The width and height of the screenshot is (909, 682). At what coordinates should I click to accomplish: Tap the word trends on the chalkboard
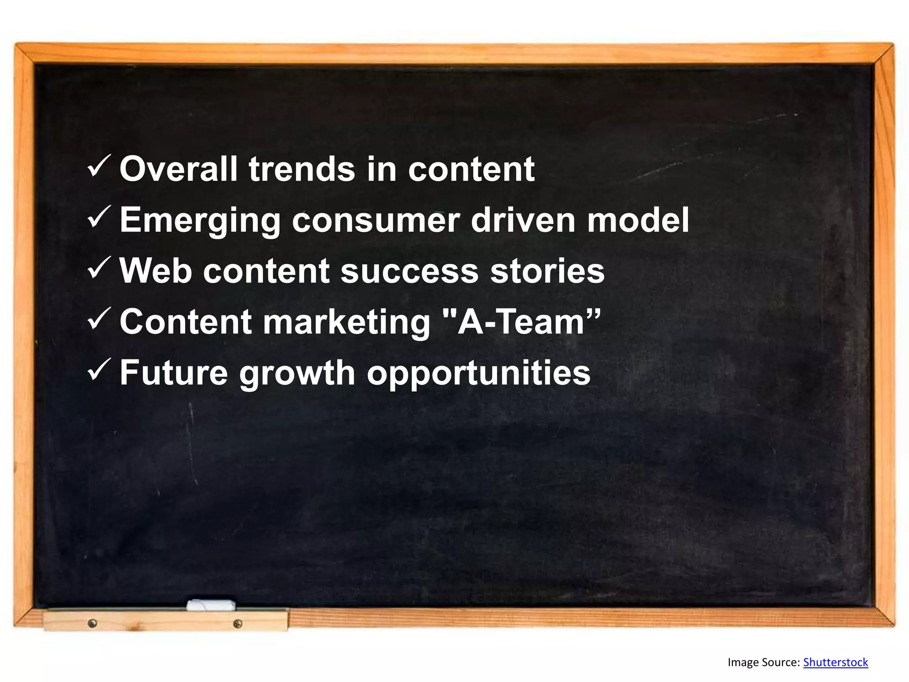click(x=302, y=169)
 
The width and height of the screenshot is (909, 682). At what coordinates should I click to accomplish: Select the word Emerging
click(x=200, y=221)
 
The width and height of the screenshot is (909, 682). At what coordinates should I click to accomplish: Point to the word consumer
click(x=375, y=221)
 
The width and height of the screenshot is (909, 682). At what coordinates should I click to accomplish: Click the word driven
click(x=523, y=221)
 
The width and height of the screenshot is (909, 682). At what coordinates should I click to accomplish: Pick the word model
click(x=638, y=221)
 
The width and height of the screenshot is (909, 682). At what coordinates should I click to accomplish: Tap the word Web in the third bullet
click(x=156, y=271)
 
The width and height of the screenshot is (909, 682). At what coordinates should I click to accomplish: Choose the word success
click(x=410, y=271)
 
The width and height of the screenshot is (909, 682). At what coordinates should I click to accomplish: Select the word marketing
click(x=347, y=323)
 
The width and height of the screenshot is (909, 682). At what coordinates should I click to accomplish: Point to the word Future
click(x=174, y=373)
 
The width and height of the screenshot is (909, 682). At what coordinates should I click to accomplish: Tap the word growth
click(x=297, y=374)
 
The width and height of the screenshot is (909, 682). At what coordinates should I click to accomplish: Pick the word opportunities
click(x=478, y=374)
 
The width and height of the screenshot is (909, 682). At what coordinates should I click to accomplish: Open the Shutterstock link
click(x=835, y=662)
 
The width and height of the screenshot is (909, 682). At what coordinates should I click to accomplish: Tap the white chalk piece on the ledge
click(x=211, y=605)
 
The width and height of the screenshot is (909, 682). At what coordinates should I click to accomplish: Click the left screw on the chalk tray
click(x=92, y=623)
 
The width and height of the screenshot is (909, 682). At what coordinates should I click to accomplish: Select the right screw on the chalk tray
click(x=237, y=624)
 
